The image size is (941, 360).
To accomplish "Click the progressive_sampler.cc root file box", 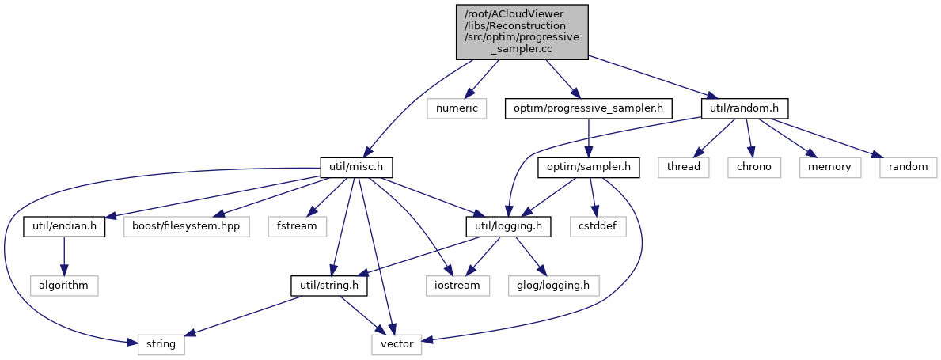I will coord(522,31).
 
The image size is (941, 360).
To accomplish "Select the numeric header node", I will coord(455,107).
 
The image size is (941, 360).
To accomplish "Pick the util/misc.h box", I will coord(356,167).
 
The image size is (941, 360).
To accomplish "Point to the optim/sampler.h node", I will coord(589,167).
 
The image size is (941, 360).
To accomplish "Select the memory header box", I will coord(829,167).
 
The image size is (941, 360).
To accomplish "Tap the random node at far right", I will coord(908,167).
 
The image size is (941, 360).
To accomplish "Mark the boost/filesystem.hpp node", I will coord(186,225).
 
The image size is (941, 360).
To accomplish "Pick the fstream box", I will coord(297,225).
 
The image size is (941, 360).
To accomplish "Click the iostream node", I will coord(457,285).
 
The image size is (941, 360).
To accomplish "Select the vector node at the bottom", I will coord(397,344).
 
